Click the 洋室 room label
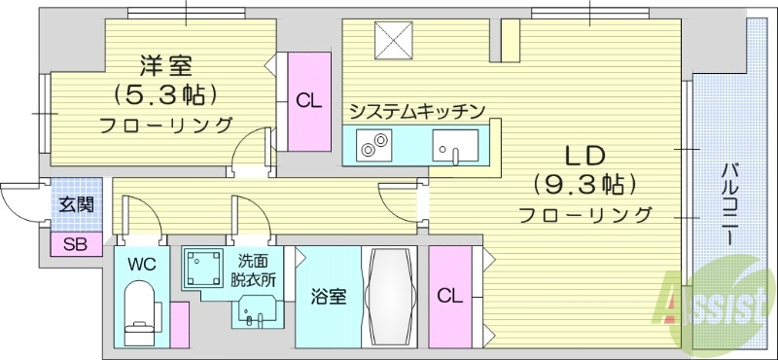click(166, 66)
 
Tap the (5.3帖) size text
click(166, 94)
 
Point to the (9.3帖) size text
click(584, 184)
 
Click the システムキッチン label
click(416, 111)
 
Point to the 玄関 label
click(76, 204)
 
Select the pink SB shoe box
click(75, 244)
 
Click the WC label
click(141, 264)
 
